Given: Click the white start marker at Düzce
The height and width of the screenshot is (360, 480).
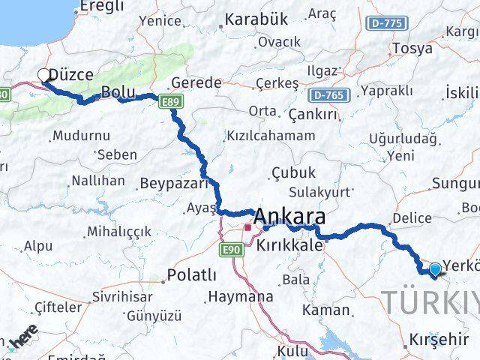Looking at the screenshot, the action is tap(44, 75).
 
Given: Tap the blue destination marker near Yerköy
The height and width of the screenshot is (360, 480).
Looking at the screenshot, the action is tap(435, 268).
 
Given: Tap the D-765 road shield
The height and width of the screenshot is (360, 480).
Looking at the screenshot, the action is tap(328, 94).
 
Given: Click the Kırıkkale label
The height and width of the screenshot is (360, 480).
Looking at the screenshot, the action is tap(289, 245).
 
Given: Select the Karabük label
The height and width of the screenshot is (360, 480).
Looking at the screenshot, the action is tap(256, 18).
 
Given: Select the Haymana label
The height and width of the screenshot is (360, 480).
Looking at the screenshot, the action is tap(240, 297).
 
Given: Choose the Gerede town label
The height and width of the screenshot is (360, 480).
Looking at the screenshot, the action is tap(196, 82).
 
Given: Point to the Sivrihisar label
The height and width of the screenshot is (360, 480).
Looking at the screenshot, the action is tap(123, 297).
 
